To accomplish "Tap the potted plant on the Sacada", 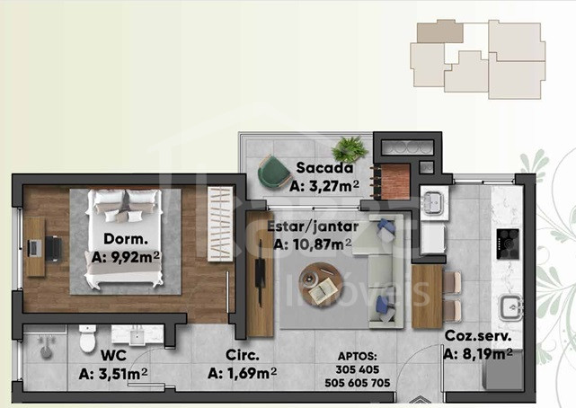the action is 350,149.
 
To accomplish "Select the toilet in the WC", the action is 88,338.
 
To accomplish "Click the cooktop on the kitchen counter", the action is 508,244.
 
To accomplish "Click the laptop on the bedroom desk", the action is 34,247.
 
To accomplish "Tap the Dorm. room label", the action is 126,239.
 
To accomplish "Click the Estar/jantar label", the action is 313,226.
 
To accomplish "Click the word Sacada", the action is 324,168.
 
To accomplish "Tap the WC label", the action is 114,356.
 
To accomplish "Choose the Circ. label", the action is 243,355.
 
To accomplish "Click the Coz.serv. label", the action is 478,335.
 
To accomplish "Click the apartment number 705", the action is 380,383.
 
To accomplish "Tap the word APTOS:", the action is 357,356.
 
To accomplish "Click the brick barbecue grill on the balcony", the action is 394,182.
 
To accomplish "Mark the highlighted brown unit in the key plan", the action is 439,31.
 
